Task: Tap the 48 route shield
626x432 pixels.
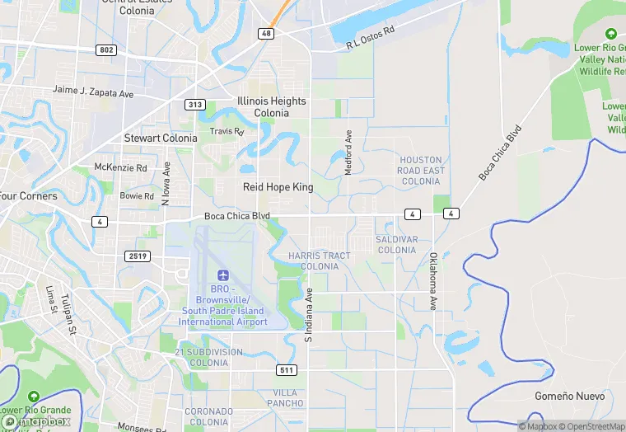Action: (265, 33)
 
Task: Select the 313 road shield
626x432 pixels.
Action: (195, 105)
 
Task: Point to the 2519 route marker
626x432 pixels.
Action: (138, 256)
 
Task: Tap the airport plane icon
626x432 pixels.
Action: (222, 275)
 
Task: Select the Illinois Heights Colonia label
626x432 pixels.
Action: (271, 107)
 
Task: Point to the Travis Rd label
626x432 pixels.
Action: (227, 131)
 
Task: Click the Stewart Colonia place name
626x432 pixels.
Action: (161, 138)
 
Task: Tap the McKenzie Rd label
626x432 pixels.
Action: (120, 167)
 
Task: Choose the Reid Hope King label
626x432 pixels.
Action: (278, 187)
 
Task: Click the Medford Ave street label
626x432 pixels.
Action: (348, 152)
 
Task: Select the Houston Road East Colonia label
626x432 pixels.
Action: (421, 171)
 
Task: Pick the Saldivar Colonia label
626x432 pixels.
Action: (396, 245)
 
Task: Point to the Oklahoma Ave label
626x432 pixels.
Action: (432, 281)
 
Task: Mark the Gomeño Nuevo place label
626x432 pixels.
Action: (569, 397)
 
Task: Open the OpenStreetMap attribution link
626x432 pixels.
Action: (586, 426)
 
